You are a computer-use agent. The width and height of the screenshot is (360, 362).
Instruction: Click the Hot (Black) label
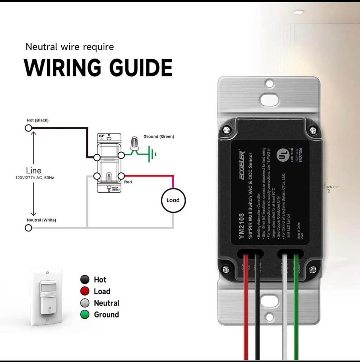(x=38, y=120)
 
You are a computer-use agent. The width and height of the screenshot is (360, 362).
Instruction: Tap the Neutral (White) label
(x=41, y=220)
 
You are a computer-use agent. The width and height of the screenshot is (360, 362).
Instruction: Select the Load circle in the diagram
(x=173, y=200)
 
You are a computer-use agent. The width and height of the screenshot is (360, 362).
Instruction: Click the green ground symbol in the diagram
(x=151, y=153)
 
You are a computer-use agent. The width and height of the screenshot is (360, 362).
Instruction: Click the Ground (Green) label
(x=159, y=137)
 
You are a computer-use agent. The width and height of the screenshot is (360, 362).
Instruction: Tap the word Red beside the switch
(x=128, y=182)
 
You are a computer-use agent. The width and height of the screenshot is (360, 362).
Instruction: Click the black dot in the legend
(x=85, y=279)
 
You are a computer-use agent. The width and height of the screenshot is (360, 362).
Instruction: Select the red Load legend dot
(x=85, y=291)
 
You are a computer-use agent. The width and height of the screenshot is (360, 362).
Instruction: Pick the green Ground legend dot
(x=85, y=314)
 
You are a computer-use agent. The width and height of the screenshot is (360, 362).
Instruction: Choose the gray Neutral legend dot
(x=85, y=303)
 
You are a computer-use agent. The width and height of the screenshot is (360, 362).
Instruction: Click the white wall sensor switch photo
(x=46, y=296)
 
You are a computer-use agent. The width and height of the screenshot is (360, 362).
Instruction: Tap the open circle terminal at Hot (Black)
(x=28, y=128)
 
